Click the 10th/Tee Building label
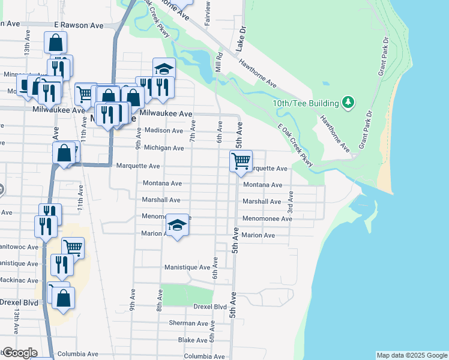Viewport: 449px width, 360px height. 306,103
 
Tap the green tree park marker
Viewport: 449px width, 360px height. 348,103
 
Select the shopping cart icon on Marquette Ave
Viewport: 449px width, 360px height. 241,161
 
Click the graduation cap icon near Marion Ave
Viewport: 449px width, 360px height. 177,225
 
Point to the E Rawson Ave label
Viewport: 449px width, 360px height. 79,26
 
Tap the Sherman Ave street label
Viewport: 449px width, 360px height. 188,323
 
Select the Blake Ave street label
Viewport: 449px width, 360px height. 193,340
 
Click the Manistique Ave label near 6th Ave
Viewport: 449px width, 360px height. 187,267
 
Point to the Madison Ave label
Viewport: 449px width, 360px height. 163,130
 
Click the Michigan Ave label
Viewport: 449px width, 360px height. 164,148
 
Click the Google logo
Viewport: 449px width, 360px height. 20,353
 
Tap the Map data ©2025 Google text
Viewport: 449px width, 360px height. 411,355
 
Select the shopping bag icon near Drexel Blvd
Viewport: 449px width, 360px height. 64,298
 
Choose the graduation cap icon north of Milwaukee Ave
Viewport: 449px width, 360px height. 164,68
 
